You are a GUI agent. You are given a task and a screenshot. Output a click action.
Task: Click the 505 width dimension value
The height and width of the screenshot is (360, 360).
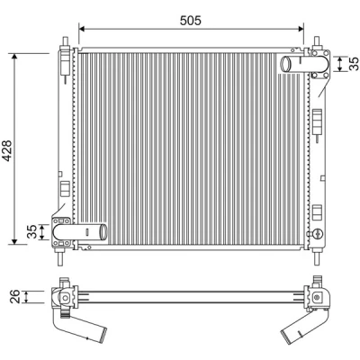coord(191,21)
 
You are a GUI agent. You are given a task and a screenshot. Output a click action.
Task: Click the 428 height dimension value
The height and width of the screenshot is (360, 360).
coord(6,151)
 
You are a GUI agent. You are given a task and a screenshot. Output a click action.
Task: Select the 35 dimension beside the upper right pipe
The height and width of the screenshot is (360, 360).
coord(354,64)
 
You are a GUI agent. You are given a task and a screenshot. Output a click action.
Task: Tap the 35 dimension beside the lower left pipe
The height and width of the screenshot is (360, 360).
coord(32,231)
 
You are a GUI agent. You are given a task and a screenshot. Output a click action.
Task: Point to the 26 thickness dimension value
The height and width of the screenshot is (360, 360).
coord(15,296)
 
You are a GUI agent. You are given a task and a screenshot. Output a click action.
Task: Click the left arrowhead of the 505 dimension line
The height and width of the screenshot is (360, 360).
coord(82,29)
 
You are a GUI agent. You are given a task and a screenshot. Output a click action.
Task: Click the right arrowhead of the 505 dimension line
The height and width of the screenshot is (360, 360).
coord(301,29)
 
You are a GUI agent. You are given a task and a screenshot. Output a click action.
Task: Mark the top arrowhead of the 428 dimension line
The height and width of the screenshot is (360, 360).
coord(14,58)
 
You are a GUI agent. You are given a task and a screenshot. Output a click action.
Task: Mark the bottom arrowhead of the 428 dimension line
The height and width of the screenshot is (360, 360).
coord(14,240)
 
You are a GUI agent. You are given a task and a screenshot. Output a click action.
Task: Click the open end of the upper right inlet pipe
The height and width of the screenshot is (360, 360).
coord(285,64)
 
